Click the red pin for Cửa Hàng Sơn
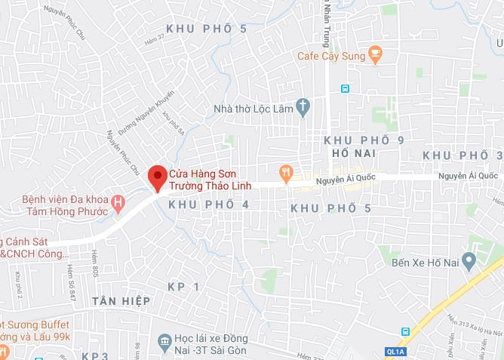pyautogui.click(x=156, y=177)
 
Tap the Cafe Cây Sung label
pyautogui.click(x=330, y=55)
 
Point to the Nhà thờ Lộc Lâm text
pyautogui.click(x=253, y=108)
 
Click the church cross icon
pyautogui.click(x=303, y=107)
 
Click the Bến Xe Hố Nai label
pyautogui.click(x=419, y=263)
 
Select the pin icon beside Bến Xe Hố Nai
pyautogui.click(x=469, y=262)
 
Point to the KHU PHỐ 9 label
pyautogui.click(x=364, y=140)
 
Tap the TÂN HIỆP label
pyautogui.click(x=121, y=301)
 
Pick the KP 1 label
pyautogui.click(x=185, y=287)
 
